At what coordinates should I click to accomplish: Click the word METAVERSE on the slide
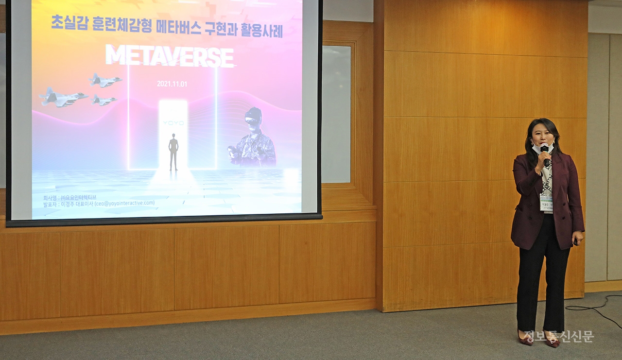(170, 56)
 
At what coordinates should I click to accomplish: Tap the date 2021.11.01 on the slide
(172, 84)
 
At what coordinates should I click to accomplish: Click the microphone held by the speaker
(545, 151)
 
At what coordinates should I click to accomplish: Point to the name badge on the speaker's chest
(546, 201)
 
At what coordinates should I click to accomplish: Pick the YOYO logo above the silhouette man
(173, 123)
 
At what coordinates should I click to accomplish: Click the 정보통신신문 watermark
(559, 337)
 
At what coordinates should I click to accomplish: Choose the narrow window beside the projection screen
(336, 114)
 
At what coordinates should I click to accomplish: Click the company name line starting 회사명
(70, 197)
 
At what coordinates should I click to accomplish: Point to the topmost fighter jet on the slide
(105, 80)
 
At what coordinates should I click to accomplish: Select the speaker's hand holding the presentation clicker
(576, 240)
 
